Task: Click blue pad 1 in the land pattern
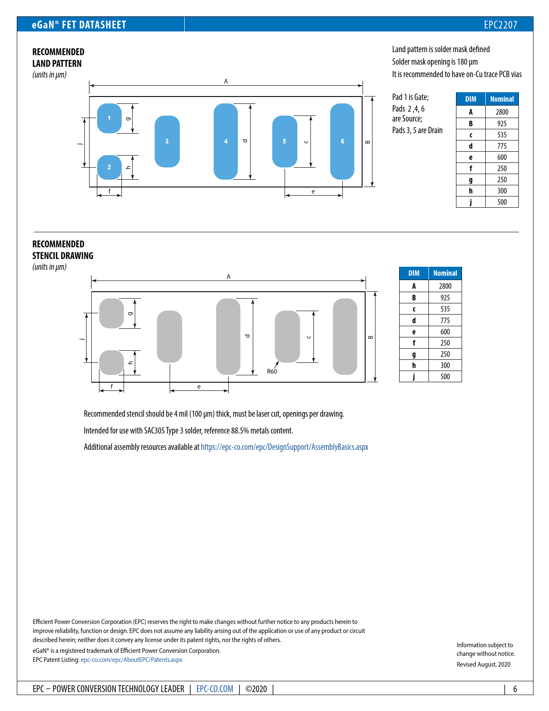[109, 118]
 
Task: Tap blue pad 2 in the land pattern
[109, 167]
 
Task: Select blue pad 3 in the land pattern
[167, 141]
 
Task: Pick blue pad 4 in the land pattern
[226, 141]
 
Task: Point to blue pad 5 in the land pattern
[285, 141]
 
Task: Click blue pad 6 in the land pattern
[342, 141]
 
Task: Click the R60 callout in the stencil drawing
[272, 371]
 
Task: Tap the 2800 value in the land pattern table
[502, 112]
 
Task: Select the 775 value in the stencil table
[445, 321]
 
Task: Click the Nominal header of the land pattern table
[502, 99]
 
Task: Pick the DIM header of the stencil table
[414, 273]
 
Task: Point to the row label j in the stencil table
[414, 377]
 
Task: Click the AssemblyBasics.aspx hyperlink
[284, 447]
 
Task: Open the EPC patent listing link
[131, 660]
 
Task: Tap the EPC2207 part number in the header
[500, 25]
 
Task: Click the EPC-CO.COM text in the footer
[215, 689]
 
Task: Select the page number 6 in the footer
[515, 689]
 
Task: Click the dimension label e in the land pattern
[313, 191]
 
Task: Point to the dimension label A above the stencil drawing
[229, 277]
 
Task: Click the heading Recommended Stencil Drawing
[63, 250]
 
